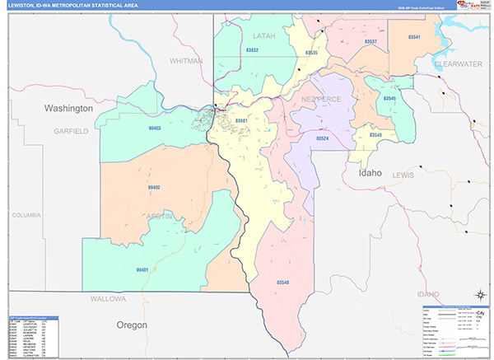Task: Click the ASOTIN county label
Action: [x=161, y=216]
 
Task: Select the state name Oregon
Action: [x=131, y=324]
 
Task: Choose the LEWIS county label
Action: [x=403, y=175]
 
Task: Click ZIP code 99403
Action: [x=155, y=129]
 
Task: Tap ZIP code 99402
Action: [x=154, y=188]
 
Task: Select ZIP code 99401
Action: [x=142, y=269]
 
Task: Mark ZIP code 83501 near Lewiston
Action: [x=241, y=121]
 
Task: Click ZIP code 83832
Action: [x=252, y=51]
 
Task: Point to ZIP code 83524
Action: [x=323, y=138]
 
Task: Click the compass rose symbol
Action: [x=478, y=295]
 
